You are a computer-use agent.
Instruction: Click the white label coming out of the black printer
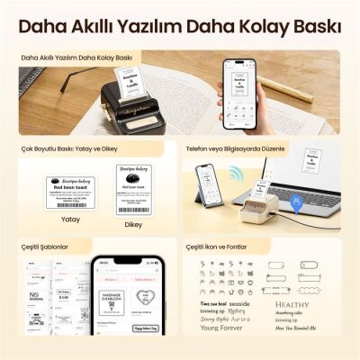132,87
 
